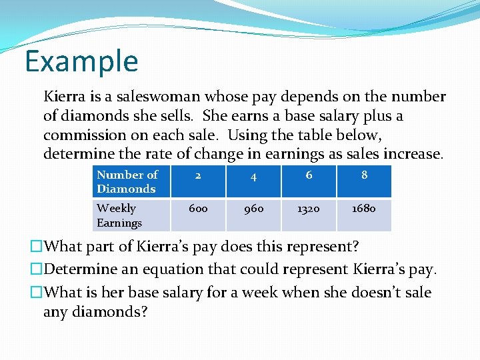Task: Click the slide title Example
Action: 81,61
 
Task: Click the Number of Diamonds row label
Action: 127,181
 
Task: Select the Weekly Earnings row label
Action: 119,215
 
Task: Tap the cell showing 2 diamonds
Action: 198,175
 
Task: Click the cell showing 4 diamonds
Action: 253,176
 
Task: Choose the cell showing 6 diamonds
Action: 309,175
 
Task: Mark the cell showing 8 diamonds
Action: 364,175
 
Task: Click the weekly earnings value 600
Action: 198,209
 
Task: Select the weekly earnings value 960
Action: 253,209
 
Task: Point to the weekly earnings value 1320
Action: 309,209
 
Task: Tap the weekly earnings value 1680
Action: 364,209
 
